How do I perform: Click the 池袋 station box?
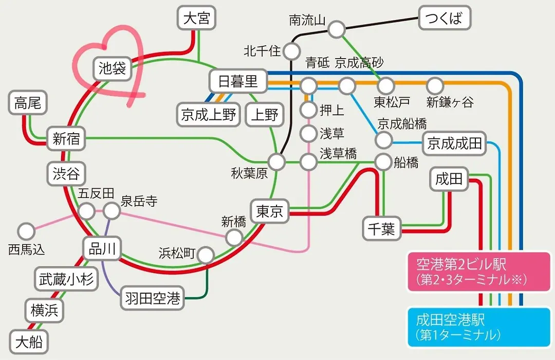pos(113,68)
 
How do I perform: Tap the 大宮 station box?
pos(196,17)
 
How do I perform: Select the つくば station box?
pos(445,17)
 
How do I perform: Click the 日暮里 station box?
pos(238,81)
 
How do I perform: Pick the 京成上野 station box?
pos(209,115)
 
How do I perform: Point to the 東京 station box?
pos(270,211)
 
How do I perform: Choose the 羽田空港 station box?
pos(153,298)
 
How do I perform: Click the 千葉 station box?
pos(382,228)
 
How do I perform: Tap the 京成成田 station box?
pos(454,143)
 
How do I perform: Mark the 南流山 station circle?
pos(336,29)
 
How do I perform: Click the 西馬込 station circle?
pos(26,231)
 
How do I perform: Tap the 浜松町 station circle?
pos(206,255)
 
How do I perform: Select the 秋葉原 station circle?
pos(276,163)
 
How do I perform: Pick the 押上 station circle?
pos(308,110)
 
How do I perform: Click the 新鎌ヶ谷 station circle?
pos(435,86)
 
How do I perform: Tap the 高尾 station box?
pos(28,103)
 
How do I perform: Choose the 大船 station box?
pos(29,342)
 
